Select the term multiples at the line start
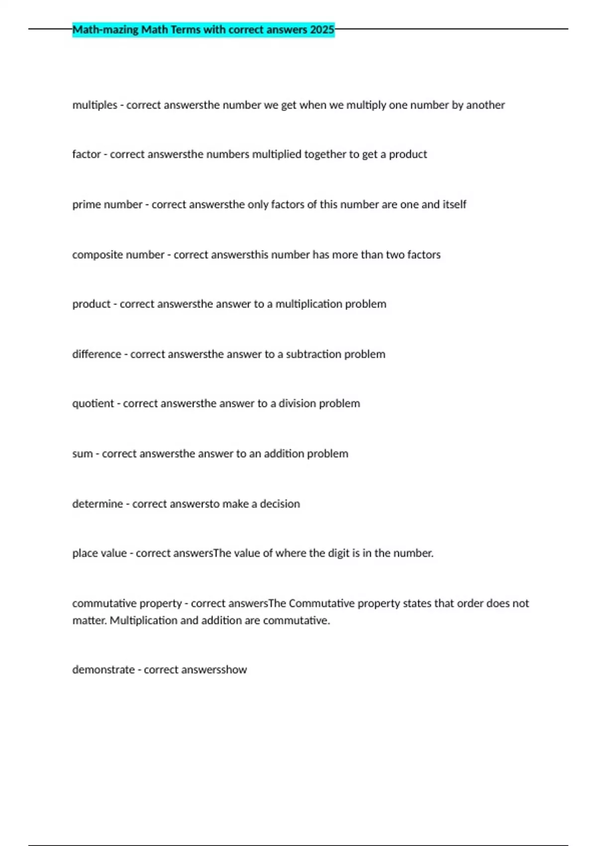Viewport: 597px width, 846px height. point(95,105)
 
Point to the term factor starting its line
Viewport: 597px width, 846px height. point(86,154)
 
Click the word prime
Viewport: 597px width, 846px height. point(85,205)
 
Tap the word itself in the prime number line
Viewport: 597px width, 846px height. point(454,205)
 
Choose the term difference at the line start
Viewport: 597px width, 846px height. point(97,354)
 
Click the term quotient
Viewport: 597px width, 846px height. point(93,404)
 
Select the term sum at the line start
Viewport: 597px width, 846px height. point(82,454)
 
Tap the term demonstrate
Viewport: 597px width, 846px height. point(103,670)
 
